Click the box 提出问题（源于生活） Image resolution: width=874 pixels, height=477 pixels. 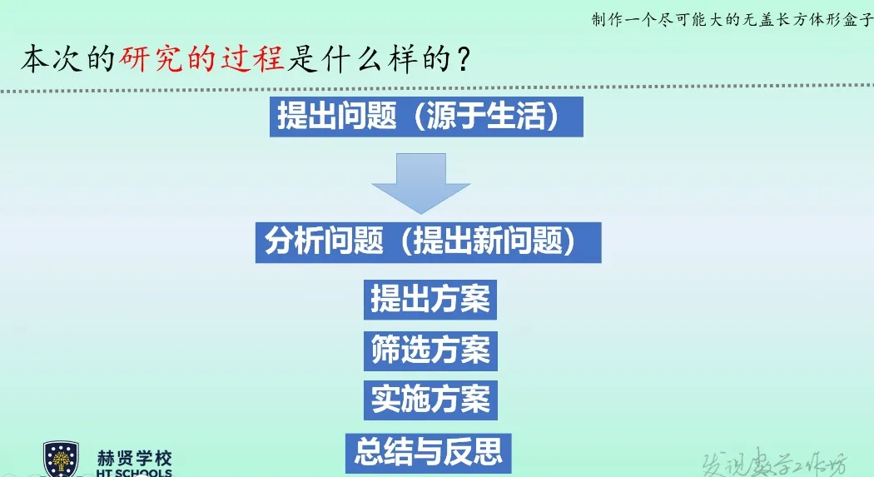[426, 117]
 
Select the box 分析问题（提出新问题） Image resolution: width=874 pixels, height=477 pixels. [428, 242]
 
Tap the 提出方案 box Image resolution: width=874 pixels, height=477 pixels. [430, 299]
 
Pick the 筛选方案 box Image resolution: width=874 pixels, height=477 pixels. [430, 350]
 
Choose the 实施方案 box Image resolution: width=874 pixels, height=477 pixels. [430, 400]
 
